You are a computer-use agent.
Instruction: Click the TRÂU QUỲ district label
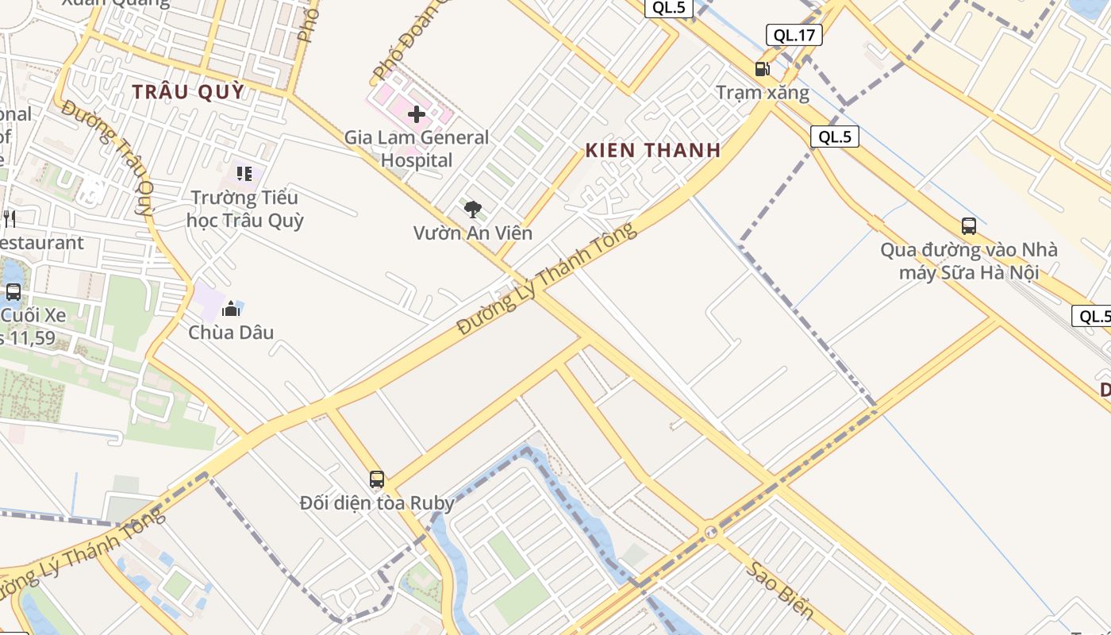188,92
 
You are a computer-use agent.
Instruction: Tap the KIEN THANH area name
653,150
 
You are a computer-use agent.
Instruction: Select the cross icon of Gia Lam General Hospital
417,114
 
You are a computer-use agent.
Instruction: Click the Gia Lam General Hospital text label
417,148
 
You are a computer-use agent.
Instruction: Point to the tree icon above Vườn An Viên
473,210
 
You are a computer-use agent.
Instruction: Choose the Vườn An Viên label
473,233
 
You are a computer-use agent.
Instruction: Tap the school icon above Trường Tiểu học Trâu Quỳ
244,173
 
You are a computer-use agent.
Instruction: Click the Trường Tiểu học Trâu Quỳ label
244,209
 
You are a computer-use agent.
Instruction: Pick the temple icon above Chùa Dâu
231,308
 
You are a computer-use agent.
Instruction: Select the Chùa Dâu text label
231,332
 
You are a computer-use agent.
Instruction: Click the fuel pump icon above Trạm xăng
763,69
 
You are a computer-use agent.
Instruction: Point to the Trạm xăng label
763,93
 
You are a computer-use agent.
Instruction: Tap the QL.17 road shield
794,35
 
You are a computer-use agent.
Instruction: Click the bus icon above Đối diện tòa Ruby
377,479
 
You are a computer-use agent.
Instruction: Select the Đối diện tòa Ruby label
377,503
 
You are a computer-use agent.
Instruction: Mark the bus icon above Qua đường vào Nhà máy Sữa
969,226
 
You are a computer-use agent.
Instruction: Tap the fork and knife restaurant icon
10,218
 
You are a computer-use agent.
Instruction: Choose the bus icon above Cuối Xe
13,291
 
